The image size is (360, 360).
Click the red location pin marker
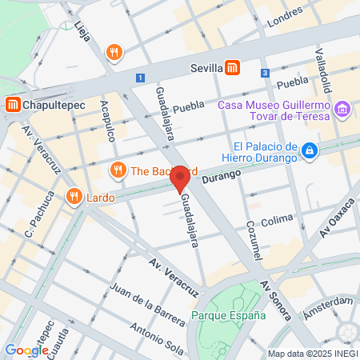click(180, 178)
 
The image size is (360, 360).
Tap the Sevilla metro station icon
click(232, 68)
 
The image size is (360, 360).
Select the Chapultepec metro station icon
click(13, 104)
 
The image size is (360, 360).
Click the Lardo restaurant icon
click(74, 196)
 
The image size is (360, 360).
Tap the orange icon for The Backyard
click(118, 170)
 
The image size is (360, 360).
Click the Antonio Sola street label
click(158, 339)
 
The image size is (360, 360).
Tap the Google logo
click(26, 350)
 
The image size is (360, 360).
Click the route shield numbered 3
click(265, 73)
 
